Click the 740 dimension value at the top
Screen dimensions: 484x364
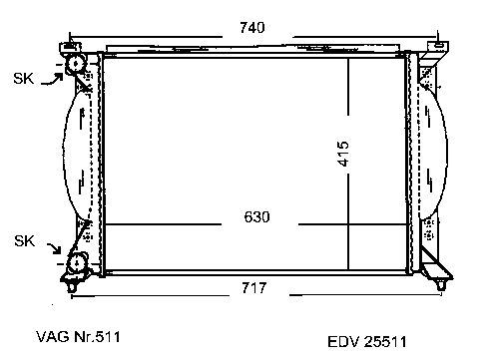252,27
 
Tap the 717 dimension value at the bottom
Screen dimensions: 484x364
254,288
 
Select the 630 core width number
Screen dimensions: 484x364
256,217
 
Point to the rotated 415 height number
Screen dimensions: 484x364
343,154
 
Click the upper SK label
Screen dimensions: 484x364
24,79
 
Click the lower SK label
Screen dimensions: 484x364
24,240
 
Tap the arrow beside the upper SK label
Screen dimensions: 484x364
52,80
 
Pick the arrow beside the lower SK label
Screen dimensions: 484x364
54,248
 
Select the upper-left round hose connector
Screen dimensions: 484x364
76,63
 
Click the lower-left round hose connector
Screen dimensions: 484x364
77,263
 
